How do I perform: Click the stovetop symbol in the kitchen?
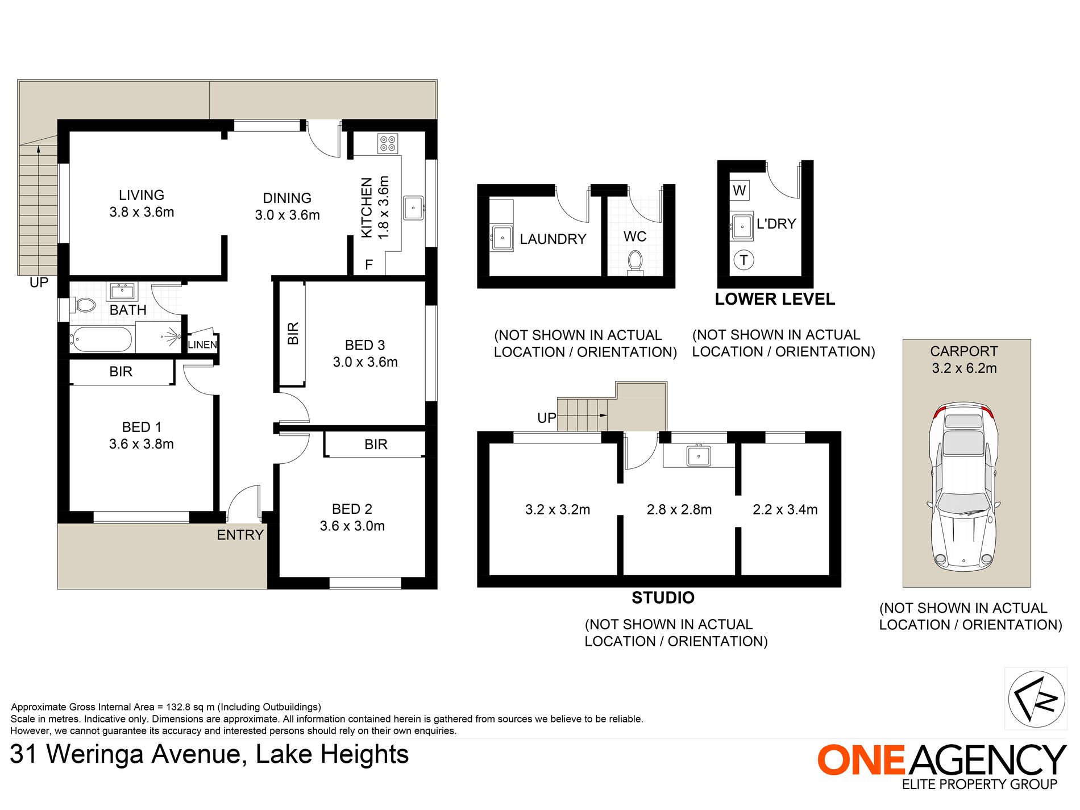[x=388, y=143]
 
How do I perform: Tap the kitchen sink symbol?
[x=413, y=207]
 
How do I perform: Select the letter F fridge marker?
[x=369, y=264]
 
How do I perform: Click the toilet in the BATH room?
[x=84, y=305]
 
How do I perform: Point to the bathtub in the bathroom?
[x=101, y=339]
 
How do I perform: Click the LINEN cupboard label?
[x=202, y=344]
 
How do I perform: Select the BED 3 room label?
[x=365, y=345]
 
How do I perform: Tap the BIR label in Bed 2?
[x=376, y=444]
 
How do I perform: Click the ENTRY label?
[x=240, y=535]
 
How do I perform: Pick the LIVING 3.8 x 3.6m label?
[x=142, y=203]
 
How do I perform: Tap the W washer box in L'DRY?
[x=740, y=190]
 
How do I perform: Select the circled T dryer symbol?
[x=743, y=260]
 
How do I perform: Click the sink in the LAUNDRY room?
[x=502, y=238]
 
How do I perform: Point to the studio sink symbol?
[x=698, y=455]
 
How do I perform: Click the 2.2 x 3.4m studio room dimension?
[x=785, y=510]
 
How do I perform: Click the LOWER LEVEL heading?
[x=775, y=300]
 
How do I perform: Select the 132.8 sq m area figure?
[x=190, y=707]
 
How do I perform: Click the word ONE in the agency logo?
[x=861, y=760]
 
